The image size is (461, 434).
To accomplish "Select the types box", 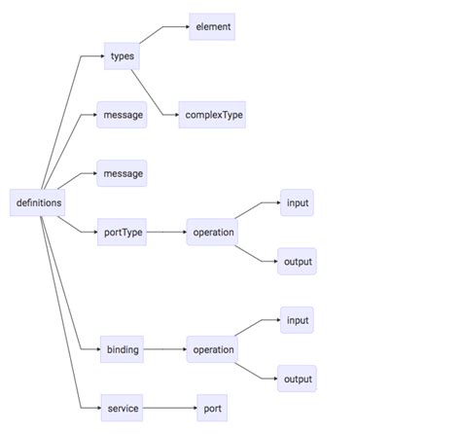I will (123, 56).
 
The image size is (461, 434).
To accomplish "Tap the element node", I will (212, 27).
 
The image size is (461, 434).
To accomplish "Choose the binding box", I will (123, 349).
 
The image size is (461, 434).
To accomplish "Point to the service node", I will (123, 409).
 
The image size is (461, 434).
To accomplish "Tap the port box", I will (212, 409).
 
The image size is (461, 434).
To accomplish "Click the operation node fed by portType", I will (213, 233).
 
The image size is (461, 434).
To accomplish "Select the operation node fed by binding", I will (213, 349).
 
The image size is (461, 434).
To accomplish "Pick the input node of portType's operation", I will (297, 203).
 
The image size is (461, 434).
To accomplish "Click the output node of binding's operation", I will (297, 379).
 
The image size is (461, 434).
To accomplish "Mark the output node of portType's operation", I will (297, 262).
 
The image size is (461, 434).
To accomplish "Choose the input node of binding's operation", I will (297, 320).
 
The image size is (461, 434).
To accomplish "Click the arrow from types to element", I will (163, 31).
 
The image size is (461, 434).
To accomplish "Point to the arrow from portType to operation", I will (166, 233).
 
